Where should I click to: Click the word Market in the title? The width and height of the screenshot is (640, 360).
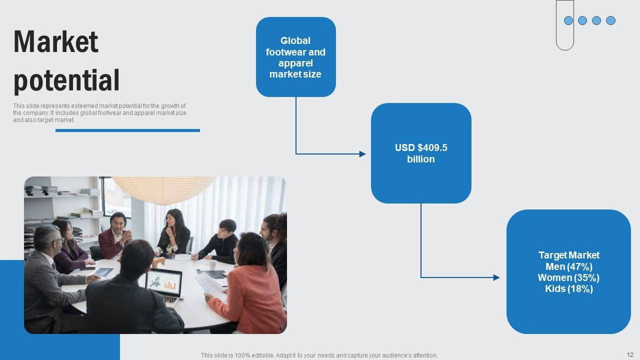click(56, 42)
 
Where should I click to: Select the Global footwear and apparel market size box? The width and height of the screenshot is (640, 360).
click(295, 57)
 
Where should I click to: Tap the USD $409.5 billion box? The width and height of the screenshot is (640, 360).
click(421, 153)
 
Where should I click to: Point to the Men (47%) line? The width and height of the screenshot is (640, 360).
click(568, 266)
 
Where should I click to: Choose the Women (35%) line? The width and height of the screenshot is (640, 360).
click(568, 277)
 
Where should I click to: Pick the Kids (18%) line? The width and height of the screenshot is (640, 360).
click(568, 288)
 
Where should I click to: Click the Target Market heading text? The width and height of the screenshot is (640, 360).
click(568, 255)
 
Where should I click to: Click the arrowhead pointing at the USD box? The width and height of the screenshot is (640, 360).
click(362, 154)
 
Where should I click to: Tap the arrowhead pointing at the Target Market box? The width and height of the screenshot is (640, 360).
click(496, 277)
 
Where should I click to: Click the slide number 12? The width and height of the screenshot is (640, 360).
click(629, 354)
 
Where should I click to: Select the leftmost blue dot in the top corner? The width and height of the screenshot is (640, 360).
click(568, 20)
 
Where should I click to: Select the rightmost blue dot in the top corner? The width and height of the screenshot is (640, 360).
click(610, 20)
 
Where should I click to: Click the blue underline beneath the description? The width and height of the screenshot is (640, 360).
click(127, 130)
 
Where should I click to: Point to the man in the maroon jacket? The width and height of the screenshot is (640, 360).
click(114, 235)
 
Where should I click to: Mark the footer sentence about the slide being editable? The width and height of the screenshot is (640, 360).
click(319, 355)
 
